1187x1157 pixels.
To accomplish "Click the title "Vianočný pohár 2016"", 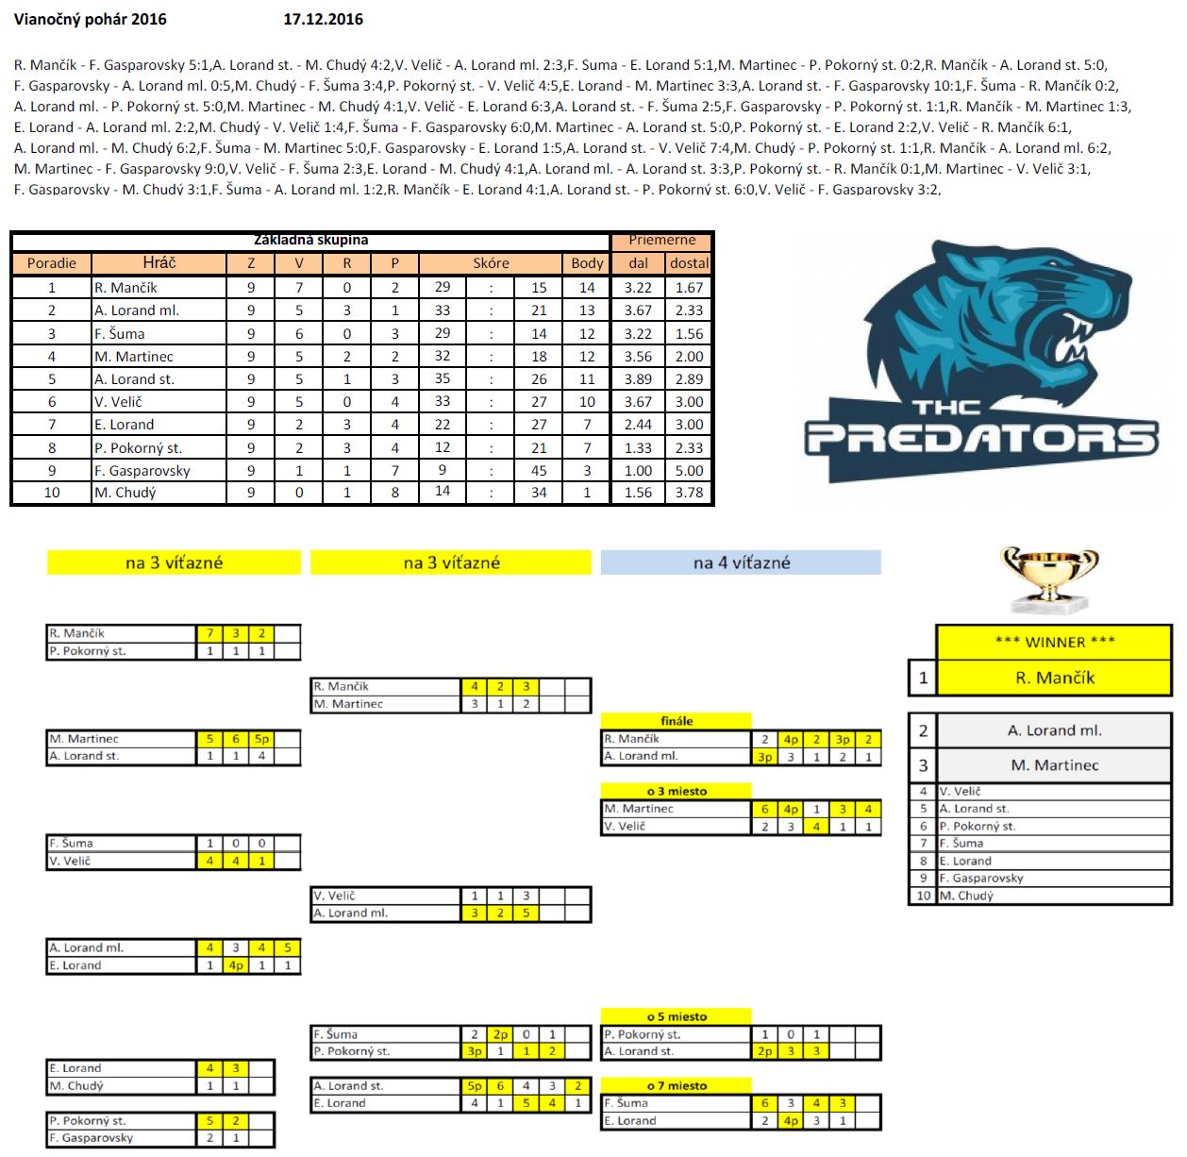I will pyautogui.click(x=90, y=19).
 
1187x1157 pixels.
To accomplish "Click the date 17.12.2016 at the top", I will pyautogui.click(x=323, y=19).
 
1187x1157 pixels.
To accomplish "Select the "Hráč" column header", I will pyautogui.click(x=159, y=263).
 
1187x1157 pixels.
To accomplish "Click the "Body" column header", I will pyautogui.click(x=587, y=263).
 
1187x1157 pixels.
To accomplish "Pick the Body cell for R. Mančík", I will pyautogui.click(x=587, y=288).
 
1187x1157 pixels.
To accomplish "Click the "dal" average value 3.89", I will pyautogui.click(x=638, y=379).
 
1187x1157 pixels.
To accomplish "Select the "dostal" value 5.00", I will pyautogui.click(x=689, y=471).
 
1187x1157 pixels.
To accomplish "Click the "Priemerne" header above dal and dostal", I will pyautogui.click(x=661, y=241).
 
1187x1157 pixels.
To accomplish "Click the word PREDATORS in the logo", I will pyautogui.click(x=981, y=440).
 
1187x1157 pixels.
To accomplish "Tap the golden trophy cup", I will pyautogui.click(x=1049, y=576).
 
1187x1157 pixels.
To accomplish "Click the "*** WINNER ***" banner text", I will pyautogui.click(x=1054, y=643).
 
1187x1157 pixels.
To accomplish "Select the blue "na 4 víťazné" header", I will pyautogui.click(x=742, y=563).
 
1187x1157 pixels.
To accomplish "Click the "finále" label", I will pyautogui.click(x=677, y=721).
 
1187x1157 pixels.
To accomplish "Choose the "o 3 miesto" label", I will pyautogui.click(x=677, y=791).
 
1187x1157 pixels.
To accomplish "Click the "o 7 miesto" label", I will pyautogui.click(x=677, y=1086).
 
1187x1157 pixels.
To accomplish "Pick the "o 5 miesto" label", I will pyautogui.click(x=677, y=1016).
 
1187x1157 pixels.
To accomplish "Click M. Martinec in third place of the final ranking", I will pyautogui.click(x=1054, y=765).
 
